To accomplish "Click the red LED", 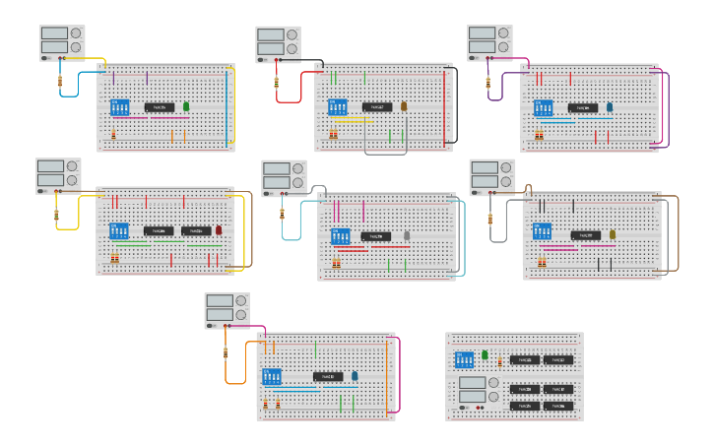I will coord(219,230).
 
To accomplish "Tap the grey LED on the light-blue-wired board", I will coord(407,235).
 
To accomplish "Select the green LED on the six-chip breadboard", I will coord(485,355).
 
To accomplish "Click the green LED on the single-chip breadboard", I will coord(185,106).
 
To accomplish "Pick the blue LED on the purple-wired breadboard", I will coord(610,106).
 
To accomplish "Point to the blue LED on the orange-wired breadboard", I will coord(355,375).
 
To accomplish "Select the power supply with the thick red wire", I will coord(278,43).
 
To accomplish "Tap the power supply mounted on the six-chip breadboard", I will coord(473,390).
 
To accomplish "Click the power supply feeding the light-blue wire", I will coord(284,178).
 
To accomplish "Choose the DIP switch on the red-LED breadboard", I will coord(118,231).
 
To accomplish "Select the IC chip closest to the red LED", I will coord(196,231).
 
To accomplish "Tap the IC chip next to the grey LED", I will coord(375,236).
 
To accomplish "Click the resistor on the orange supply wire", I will coord(226,351).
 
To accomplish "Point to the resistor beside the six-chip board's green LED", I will coord(497,361).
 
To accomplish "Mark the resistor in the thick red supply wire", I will coord(277,81).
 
